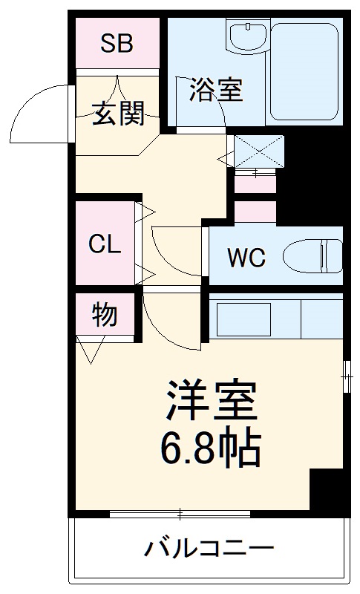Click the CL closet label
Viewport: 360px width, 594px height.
(x=105, y=244)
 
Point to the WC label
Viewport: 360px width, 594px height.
(x=246, y=258)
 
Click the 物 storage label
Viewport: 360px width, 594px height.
(x=105, y=315)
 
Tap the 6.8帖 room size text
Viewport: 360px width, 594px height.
(x=210, y=447)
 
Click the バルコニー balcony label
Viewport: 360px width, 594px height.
(x=209, y=550)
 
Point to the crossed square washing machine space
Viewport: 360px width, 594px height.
(x=258, y=151)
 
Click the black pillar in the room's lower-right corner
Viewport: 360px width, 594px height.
(x=327, y=490)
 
